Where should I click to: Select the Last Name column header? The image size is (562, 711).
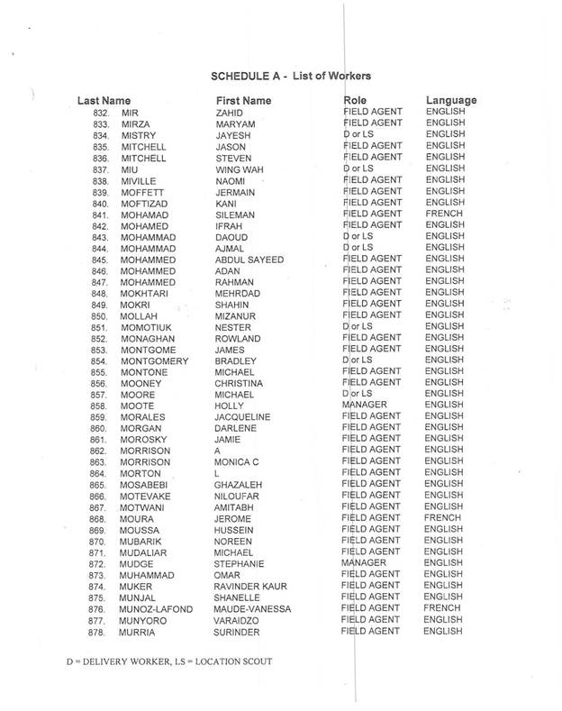pos(104,99)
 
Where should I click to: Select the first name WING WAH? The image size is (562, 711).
pos(239,169)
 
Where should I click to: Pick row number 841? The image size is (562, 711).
pos(100,215)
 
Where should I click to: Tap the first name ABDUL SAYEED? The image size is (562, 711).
pos(249,261)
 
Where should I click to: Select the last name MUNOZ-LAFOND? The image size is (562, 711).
pos(157,610)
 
